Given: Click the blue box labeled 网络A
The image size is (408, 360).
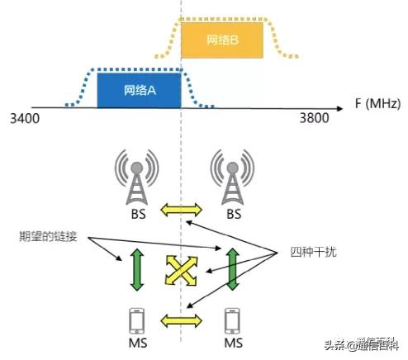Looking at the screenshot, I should click(138, 90).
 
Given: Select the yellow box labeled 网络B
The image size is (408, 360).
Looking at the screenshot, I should click(222, 40).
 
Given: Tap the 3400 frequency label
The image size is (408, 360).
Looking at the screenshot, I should click(25, 119).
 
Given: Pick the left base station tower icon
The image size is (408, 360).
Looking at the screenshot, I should click(137, 178).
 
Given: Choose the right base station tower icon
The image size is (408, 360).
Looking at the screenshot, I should click(230, 178).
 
